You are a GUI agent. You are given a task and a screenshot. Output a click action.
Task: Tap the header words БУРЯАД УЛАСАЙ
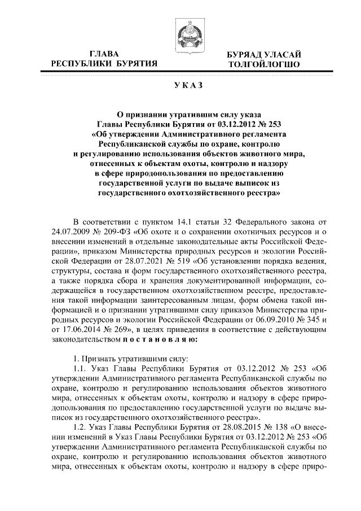pyautogui.click(x=261, y=54)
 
